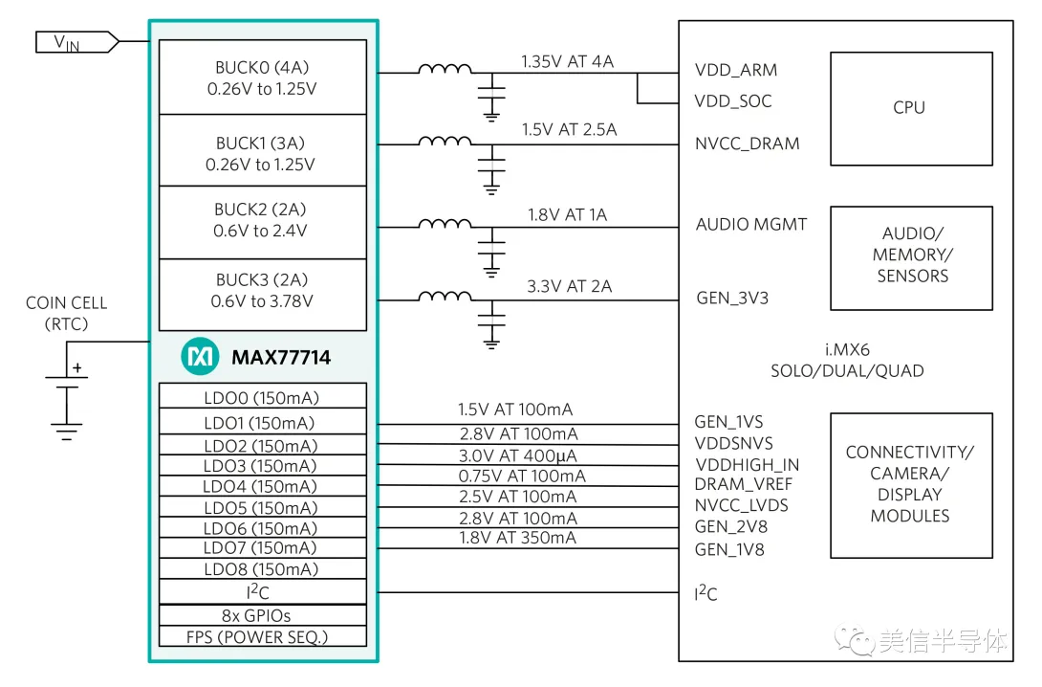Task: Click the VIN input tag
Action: point(76,42)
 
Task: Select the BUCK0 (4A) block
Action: point(262,78)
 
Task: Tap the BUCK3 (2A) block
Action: point(262,290)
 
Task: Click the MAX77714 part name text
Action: point(281,358)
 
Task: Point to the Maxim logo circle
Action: point(200,357)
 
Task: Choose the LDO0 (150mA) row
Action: point(262,397)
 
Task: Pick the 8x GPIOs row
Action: point(262,615)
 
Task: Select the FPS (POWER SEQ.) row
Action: point(262,636)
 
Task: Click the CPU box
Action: point(909,108)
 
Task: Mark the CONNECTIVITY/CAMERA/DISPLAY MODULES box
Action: point(910,484)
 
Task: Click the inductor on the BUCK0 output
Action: point(445,70)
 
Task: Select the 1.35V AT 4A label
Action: point(567,62)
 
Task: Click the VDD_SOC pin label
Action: point(733,101)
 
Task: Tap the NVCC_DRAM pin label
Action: point(747,144)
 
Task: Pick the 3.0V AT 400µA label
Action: point(517,455)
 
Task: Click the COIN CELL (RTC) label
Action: point(66,313)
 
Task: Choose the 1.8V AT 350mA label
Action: point(517,538)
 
